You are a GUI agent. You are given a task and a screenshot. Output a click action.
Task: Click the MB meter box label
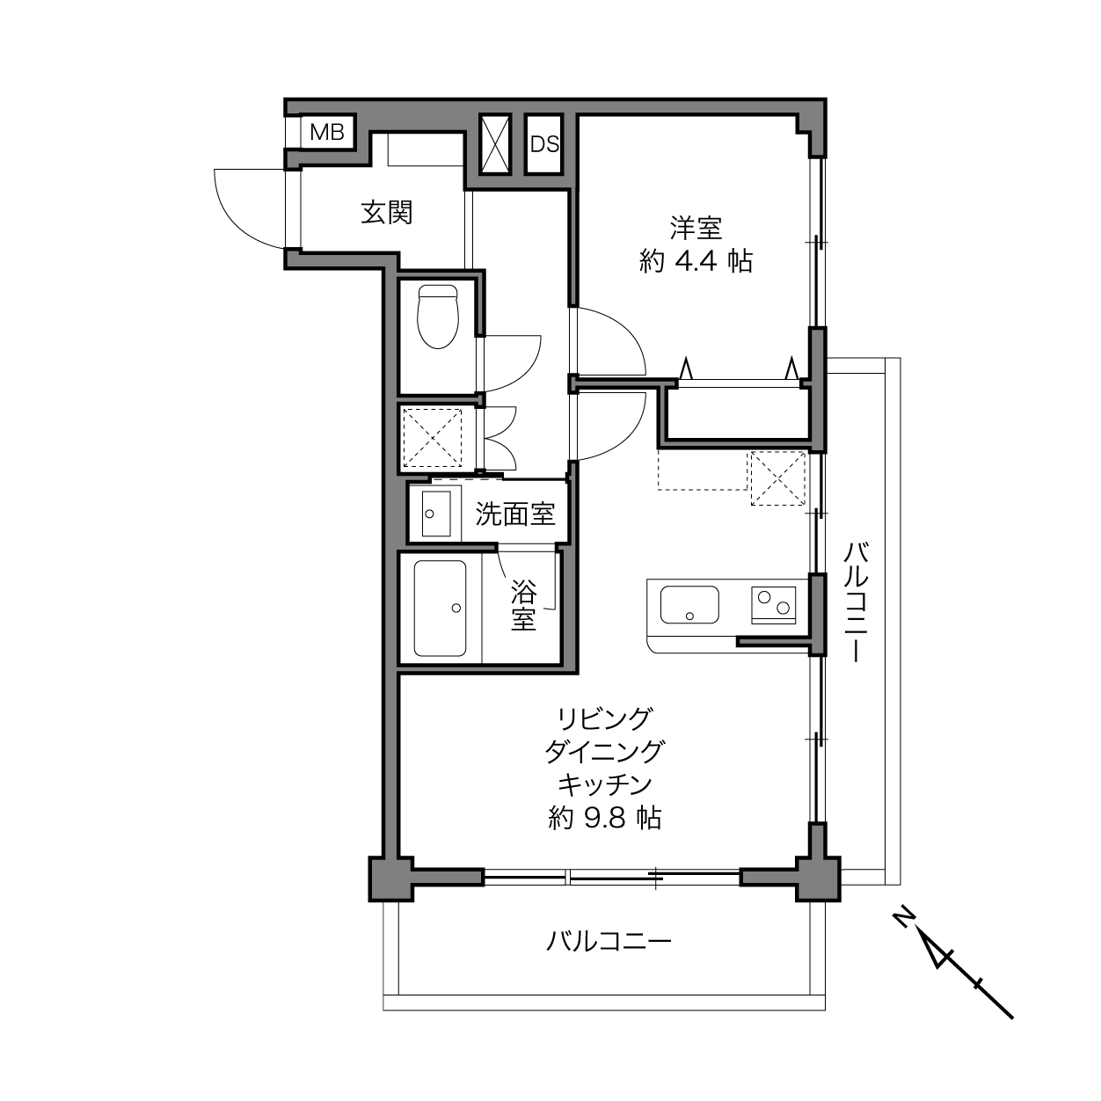pyautogui.click(x=327, y=133)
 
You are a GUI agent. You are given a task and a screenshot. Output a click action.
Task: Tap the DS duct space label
pyautogui.click(x=544, y=144)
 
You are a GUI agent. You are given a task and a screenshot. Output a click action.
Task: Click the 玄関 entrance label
pyautogui.click(x=387, y=213)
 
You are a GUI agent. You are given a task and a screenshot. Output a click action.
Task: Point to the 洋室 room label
pyautogui.click(x=696, y=228)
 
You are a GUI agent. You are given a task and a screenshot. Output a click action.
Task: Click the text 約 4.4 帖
pyautogui.click(x=696, y=262)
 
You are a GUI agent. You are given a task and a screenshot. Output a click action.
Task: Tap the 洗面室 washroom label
pyautogui.click(x=515, y=514)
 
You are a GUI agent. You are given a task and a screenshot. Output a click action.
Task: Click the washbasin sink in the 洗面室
pyautogui.click(x=436, y=514)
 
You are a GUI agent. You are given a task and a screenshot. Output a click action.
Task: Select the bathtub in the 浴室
pyautogui.click(x=440, y=608)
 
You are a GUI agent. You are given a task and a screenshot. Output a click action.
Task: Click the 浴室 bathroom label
pyautogui.click(x=523, y=605)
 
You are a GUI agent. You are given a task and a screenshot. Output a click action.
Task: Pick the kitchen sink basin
pyautogui.click(x=689, y=604)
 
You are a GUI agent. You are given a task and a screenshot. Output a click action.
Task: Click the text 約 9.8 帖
pyautogui.click(x=604, y=819)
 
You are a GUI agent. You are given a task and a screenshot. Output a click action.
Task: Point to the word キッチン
pyautogui.click(x=604, y=785)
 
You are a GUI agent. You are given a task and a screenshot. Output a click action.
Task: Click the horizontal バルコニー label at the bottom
pyautogui.click(x=609, y=940)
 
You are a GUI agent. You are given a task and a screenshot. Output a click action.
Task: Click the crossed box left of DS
pyautogui.click(x=495, y=144)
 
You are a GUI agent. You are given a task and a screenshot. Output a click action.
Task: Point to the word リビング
pyautogui.click(x=604, y=718)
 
